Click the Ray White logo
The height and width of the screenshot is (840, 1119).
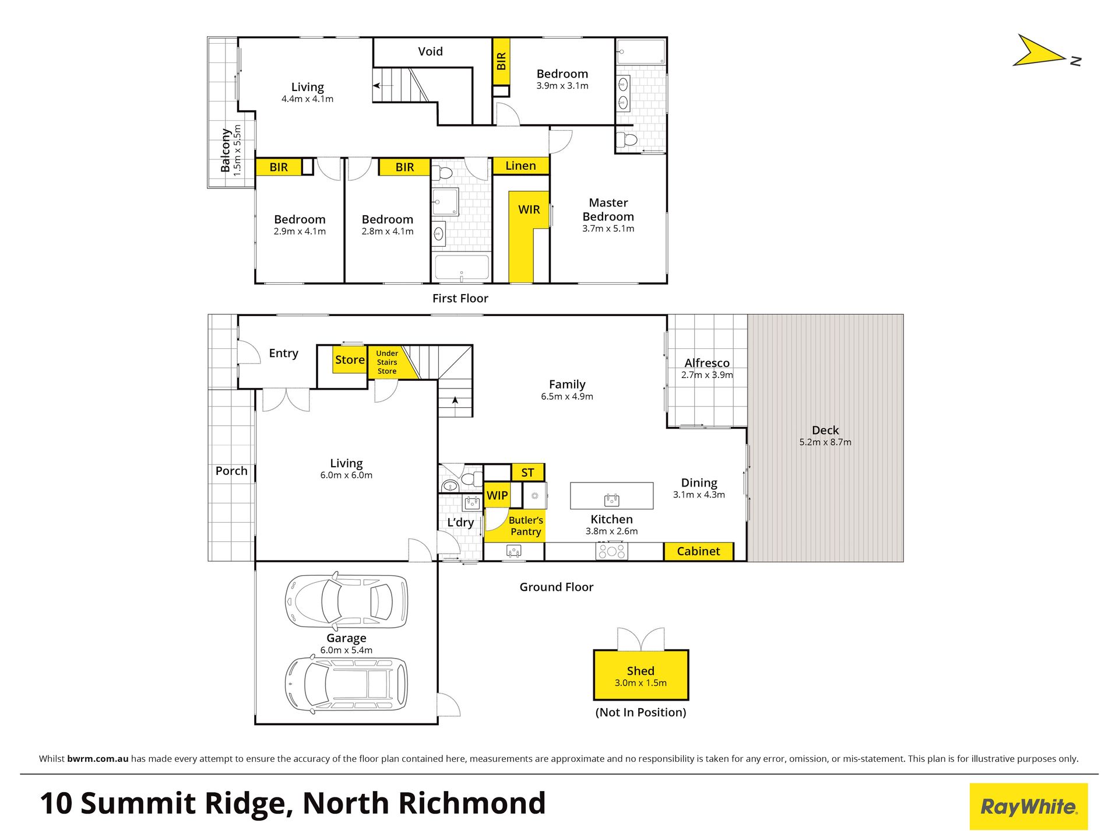tap(1028, 806)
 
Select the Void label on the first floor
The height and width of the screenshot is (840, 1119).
tap(430, 51)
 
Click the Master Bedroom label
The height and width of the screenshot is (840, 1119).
tap(608, 209)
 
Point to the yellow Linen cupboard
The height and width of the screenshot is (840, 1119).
tap(520, 166)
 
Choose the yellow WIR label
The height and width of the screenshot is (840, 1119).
tap(529, 209)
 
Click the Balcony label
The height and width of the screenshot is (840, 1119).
tap(225, 150)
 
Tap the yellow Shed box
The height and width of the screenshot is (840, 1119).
tap(641, 675)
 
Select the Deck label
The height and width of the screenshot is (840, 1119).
tap(825, 430)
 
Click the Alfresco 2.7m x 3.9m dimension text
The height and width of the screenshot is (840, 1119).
tap(707, 375)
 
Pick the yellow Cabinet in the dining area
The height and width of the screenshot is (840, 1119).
tap(698, 551)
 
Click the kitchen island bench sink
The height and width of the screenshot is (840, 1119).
tap(611, 500)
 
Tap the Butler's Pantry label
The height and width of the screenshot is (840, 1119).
tap(526, 526)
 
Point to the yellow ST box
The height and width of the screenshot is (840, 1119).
tap(527, 473)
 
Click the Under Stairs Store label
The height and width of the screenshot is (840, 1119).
tap(387, 362)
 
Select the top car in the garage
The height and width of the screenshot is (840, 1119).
tap(346, 601)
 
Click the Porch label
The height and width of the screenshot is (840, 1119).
tap(231, 471)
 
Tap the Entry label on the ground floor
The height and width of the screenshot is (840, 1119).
tap(283, 353)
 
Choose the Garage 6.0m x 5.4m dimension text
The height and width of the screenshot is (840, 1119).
tap(346, 650)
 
